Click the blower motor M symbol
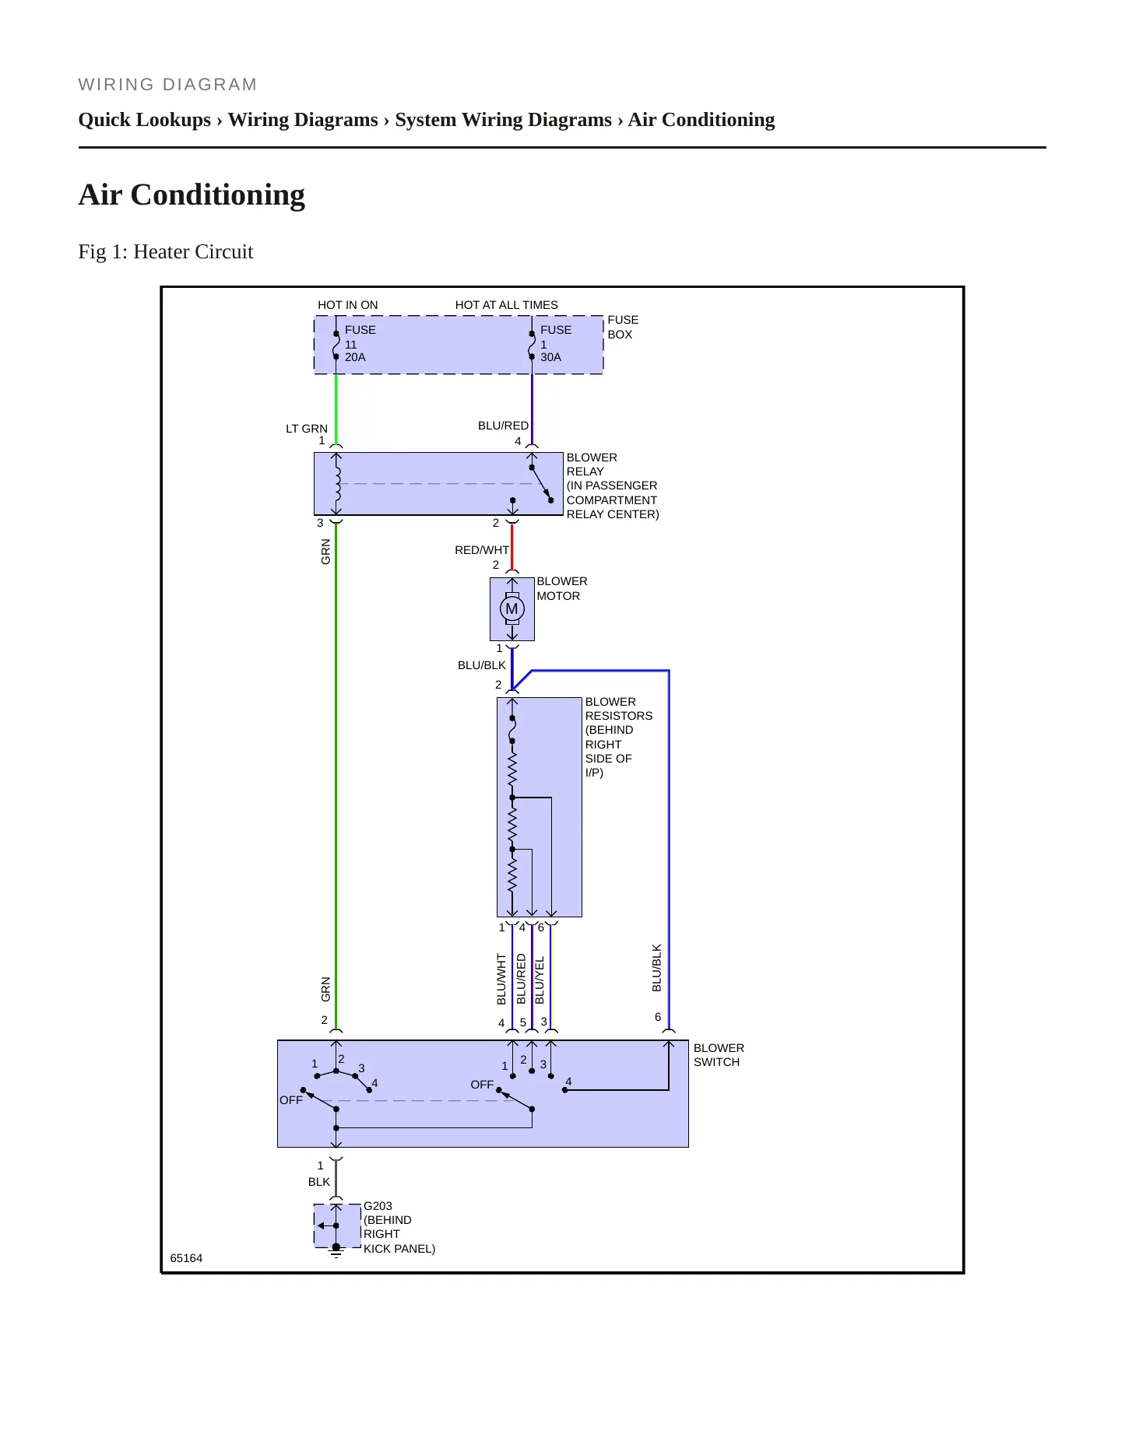point(512,608)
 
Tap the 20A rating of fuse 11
point(355,357)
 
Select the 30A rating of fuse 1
point(550,357)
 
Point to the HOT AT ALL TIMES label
point(507,305)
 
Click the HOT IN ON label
point(348,305)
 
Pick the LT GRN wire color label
point(307,429)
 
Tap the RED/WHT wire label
point(482,550)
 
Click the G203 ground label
point(378,1206)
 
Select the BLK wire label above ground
point(319,1182)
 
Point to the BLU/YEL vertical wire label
point(540,980)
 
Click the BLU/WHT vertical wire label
point(501,980)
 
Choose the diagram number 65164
point(186,1258)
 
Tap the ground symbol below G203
point(336,1250)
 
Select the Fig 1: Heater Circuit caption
point(166,251)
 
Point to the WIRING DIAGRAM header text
point(168,85)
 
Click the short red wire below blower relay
point(512,548)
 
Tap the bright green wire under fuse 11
point(336,409)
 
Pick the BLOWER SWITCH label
point(719,1055)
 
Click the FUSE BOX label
point(623,327)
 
